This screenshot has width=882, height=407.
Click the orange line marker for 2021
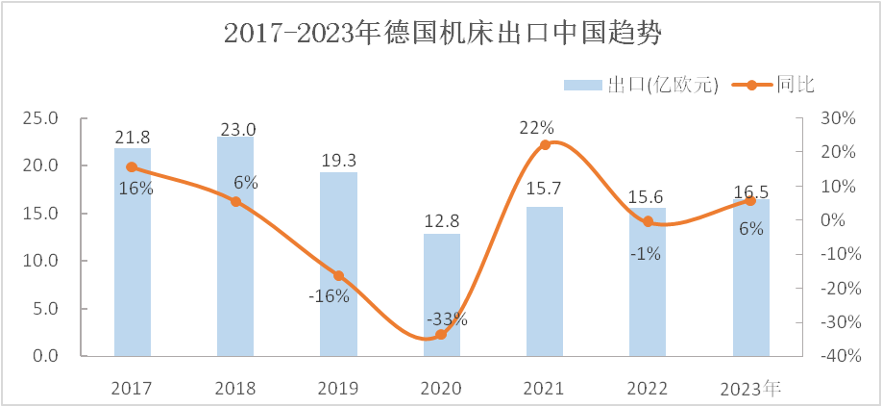545,145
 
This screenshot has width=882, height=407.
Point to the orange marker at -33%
442,335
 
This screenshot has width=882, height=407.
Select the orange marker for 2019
338,276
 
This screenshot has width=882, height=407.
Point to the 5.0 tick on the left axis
45,309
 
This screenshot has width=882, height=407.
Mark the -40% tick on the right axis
832,356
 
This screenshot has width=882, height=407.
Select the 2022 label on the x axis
648,389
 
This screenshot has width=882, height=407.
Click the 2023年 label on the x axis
751,389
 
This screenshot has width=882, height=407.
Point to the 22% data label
538,127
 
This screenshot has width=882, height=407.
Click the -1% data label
644,253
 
